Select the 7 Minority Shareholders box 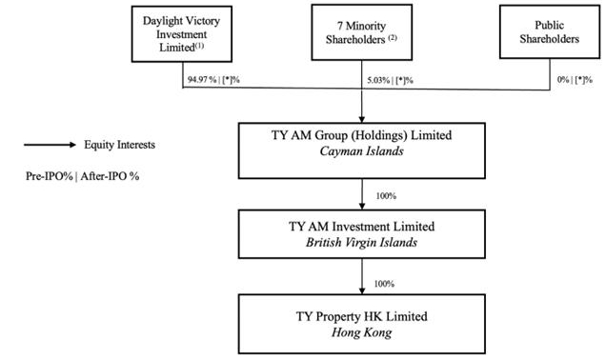[x=363, y=33]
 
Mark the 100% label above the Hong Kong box [x=386, y=284]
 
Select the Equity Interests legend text [x=120, y=145]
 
